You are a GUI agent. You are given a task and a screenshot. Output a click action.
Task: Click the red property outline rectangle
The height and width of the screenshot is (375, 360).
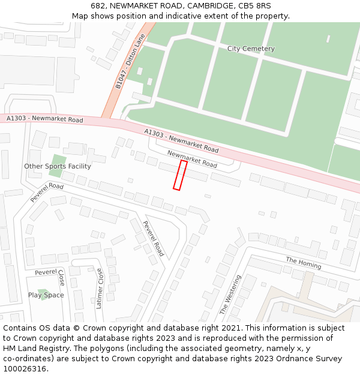180,175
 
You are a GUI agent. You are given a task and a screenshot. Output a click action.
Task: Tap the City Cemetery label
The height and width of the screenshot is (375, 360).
251,49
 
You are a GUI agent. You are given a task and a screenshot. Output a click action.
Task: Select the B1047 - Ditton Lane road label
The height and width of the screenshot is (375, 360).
130,62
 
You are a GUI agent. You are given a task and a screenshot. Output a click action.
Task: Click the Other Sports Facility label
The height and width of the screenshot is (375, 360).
58,166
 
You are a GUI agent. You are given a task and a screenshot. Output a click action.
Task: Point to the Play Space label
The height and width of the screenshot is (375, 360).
46,295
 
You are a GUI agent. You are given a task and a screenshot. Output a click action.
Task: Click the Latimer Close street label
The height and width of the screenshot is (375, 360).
100,288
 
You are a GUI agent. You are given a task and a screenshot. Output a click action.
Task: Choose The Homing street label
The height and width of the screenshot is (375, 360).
303,262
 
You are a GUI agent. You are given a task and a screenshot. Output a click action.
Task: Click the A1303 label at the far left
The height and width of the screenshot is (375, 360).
45,119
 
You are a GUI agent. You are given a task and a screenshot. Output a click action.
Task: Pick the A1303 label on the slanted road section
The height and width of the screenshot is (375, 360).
182,140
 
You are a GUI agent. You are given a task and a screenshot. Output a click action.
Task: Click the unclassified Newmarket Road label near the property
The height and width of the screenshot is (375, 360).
192,159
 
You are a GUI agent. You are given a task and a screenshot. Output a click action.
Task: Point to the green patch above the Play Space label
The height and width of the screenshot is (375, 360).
44,292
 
